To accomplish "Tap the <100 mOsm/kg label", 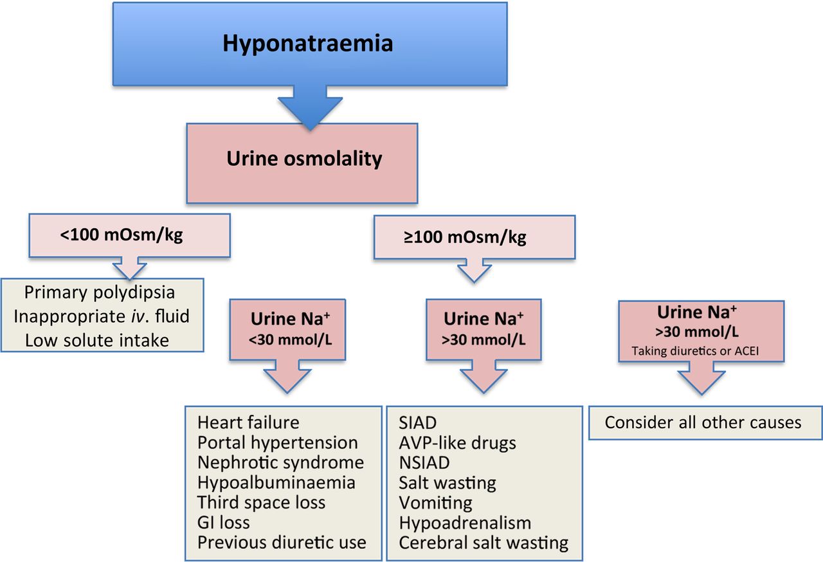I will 122,235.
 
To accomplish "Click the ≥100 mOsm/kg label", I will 464,237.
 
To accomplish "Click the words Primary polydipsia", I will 100,292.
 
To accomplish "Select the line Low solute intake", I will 96,340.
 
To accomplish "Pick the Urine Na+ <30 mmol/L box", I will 287,329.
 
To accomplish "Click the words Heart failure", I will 248,422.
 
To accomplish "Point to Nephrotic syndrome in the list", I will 280,462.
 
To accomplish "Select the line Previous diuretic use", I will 282,542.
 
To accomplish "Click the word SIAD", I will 417,422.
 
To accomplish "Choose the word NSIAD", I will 424,462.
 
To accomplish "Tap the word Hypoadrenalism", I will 465,522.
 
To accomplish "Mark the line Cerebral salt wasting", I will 484,542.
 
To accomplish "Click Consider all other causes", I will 703,422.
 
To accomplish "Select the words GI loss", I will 224,522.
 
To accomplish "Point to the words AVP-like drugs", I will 457,442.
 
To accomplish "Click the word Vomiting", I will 435,502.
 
